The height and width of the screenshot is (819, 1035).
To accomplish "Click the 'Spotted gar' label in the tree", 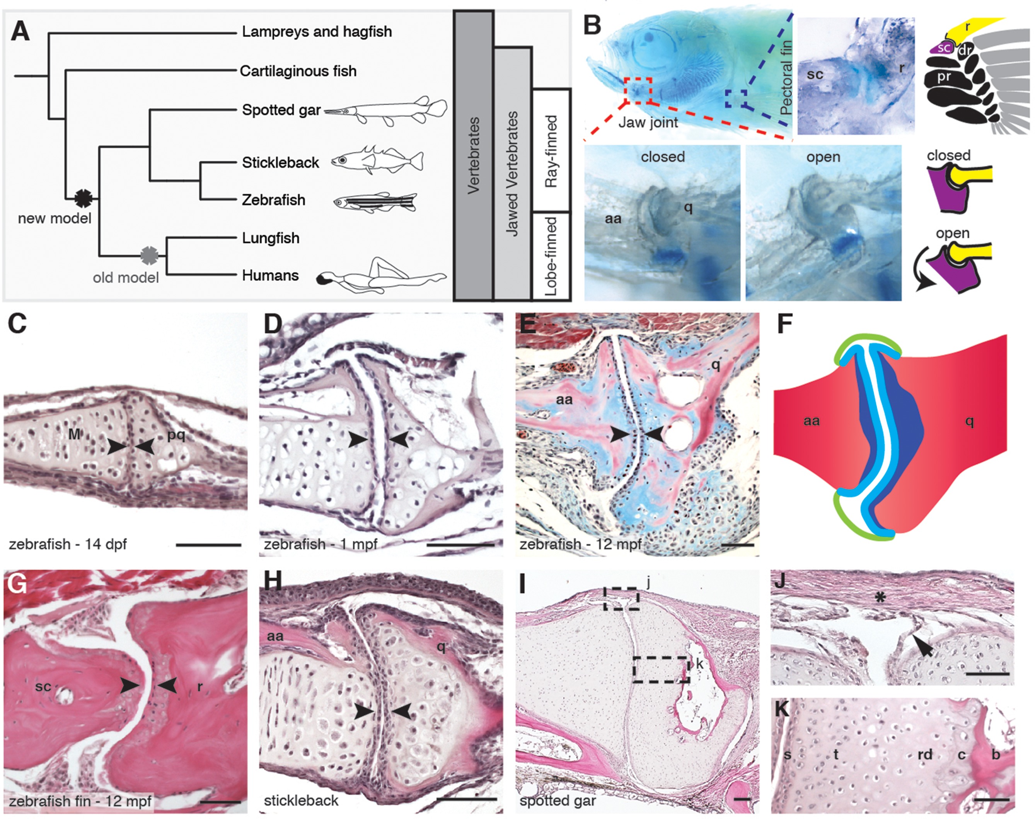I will click(281, 110).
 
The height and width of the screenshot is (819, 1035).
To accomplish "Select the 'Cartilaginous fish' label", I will click(298, 71).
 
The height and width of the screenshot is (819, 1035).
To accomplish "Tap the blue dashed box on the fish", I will click(736, 100).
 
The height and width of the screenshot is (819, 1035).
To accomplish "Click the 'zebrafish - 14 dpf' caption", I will click(68, 544).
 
